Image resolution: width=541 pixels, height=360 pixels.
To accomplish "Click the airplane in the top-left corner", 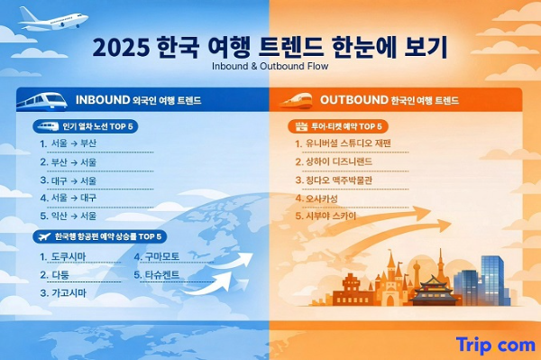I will tap(52, 17).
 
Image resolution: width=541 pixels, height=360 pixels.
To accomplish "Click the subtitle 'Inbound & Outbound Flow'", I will tap(270, 66).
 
